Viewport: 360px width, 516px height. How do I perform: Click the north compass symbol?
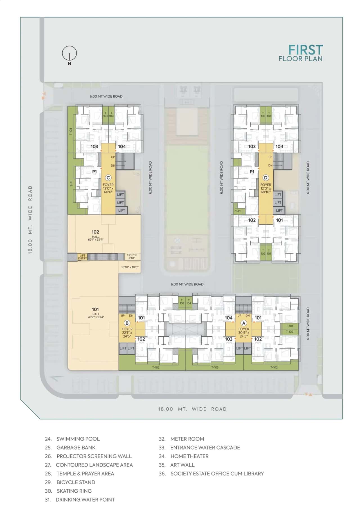click(69, 53)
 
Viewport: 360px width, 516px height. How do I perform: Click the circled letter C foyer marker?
click(108, 178)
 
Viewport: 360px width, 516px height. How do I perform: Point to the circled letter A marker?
click(244, 323)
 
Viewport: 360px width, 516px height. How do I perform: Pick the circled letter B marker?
click(127, 323)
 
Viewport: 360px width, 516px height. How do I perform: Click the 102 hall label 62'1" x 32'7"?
click(95, 235)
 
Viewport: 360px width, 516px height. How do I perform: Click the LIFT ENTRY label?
click(82, 257)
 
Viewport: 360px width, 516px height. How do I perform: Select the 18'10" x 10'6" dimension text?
click(130, 267)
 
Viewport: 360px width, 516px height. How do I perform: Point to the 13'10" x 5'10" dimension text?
click(132, 256)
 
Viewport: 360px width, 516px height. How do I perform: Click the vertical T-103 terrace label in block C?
click(71, 132)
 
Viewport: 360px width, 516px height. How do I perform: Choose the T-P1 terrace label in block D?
click(238, 211)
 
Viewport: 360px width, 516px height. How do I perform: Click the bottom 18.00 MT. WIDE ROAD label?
click(192, 409)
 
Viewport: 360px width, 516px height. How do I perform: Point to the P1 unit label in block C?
click(94, 171)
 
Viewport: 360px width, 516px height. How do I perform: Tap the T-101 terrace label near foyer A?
click(289, 326)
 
